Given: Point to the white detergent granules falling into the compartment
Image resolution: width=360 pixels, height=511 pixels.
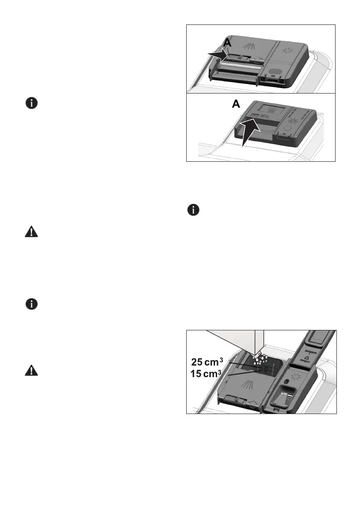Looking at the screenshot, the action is (x=260, y=360).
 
